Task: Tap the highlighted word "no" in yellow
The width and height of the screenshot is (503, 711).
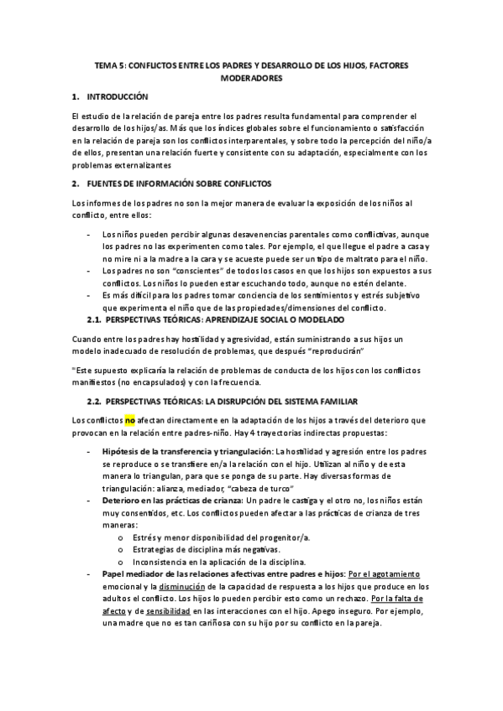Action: [x=129, y=419]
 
